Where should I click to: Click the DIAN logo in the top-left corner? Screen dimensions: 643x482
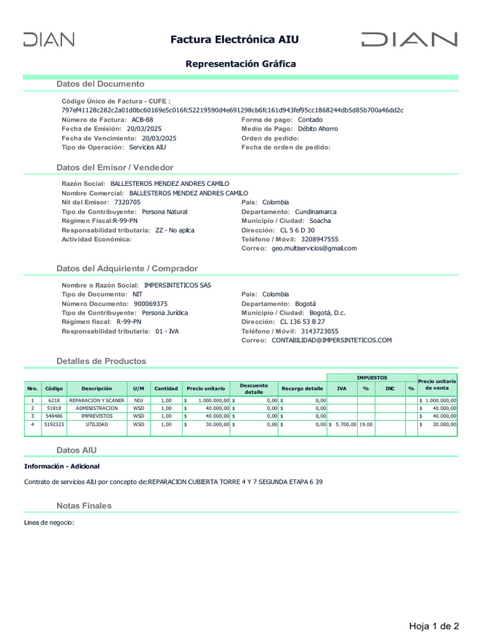(49, 40)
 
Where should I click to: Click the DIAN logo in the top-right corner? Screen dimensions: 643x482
(409, 40)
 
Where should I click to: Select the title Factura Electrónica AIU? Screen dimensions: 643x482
(235, 40)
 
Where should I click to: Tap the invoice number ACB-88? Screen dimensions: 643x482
(142, 119)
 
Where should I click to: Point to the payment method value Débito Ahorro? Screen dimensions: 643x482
(318, 129)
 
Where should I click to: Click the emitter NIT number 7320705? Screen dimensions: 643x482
(127, 202)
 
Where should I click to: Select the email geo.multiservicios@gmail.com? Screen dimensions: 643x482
(314, 248)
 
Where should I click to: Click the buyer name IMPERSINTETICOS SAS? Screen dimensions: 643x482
(178, 285)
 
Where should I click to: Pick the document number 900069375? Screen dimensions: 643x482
(151, 303)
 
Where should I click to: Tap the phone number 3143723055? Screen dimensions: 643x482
(319, 331)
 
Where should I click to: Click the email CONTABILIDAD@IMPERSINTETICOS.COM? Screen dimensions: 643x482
(331, 340)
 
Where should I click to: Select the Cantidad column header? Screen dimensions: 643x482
(166, 389)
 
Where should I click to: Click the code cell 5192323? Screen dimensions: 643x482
(54, 424)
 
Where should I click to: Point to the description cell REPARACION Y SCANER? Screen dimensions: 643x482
(97, 400)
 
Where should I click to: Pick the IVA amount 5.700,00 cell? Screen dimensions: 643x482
(343, 424)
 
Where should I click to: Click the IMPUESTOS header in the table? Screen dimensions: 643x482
(372, 377)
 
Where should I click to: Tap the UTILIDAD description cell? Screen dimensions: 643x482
(97, 424)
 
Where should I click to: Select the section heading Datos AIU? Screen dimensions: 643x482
(77, 450)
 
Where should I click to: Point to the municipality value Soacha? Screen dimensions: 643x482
(320, 220)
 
